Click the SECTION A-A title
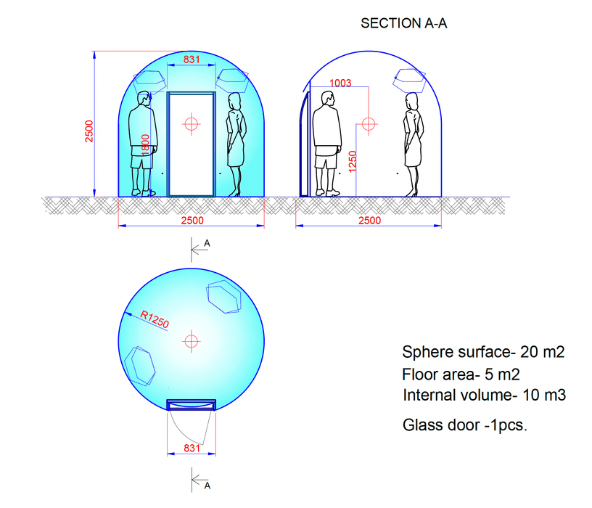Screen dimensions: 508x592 [x=405, y=23]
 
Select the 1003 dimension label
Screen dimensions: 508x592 [x=340, y=83]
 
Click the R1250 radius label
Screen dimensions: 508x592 [x=155, y=320]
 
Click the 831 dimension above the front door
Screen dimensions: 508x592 [x=191, y=60]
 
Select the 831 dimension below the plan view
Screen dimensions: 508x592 [x=192, y=448]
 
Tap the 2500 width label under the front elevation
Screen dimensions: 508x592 [x=192, y=221]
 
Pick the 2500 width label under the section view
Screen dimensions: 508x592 [x=369, y=221]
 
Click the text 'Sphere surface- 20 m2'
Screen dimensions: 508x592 [x=483, y=353]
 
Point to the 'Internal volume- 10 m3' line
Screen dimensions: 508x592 [x=484, y=396]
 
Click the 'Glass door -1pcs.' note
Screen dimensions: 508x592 [x=465, y=425]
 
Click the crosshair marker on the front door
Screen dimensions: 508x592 [x=191, y=124]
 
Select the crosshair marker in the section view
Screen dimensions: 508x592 [x=369, y=124]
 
